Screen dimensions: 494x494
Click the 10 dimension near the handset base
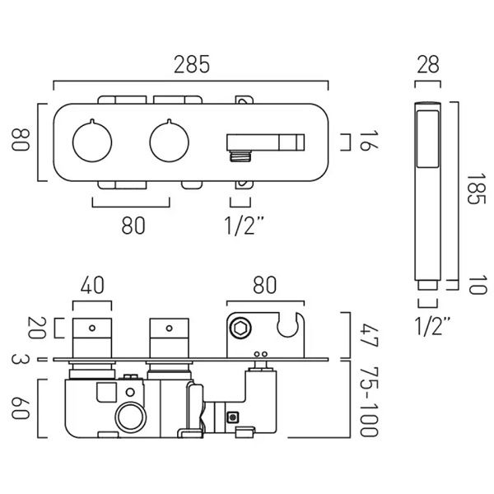coord(472,286)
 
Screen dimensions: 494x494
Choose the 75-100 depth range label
coord(370,402)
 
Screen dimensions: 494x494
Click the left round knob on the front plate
coord(90,141)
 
